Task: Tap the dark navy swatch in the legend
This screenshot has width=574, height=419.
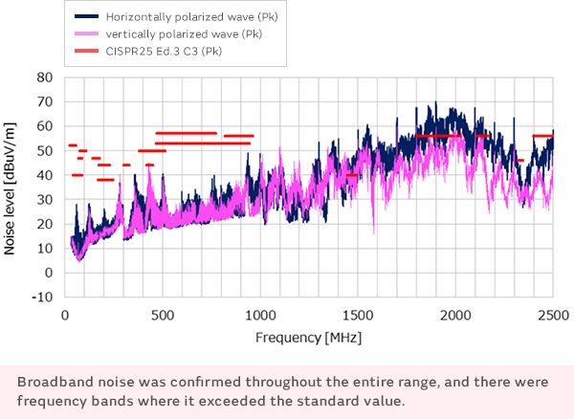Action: (x=88, y=16)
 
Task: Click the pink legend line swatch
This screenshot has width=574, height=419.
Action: (x=88, y=33)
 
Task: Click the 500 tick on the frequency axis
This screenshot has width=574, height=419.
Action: (x=161, y=317)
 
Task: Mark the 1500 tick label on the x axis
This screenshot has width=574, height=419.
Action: (x=357, y=317)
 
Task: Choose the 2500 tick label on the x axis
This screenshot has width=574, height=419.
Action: (x=552, y=317)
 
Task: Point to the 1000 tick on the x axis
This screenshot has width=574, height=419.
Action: (x=259, y=317)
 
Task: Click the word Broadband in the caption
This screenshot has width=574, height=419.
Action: (x=53, y=382)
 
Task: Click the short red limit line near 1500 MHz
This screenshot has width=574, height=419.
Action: (x=351, y=175)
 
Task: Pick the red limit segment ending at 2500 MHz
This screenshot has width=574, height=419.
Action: (x=542, y=136)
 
